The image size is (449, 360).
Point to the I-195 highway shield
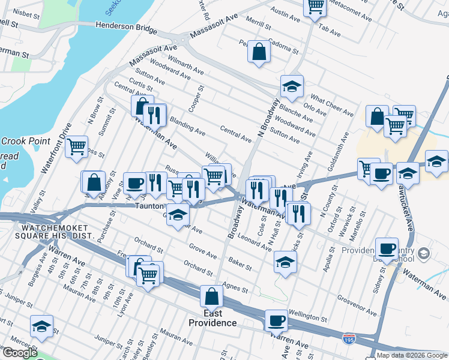pos(349,338)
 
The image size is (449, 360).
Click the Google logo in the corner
pos(19,352)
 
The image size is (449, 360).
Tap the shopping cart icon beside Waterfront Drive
pos(77,146)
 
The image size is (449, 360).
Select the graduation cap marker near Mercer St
pos(41,327)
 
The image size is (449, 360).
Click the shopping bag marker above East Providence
pos(211,296)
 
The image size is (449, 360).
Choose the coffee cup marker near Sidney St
pos(387,248)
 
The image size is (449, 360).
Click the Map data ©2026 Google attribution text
pos(412,355)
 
